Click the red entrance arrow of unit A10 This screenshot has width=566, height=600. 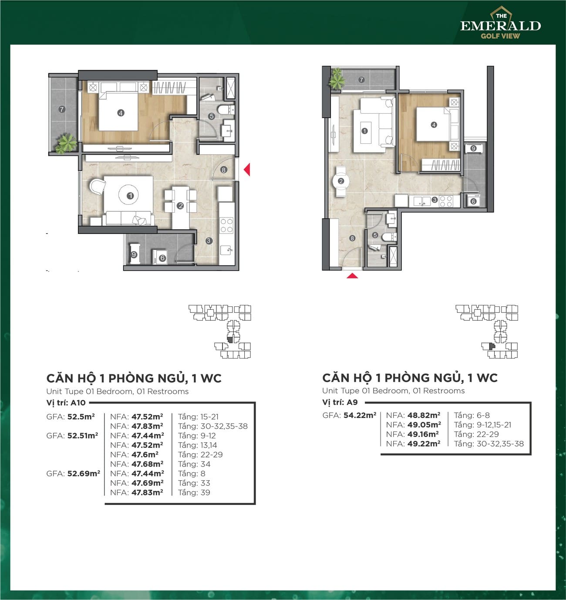tap(247, 169)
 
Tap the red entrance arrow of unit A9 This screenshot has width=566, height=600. tap(352, 275)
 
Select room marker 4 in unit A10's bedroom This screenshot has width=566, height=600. tap(121, 113)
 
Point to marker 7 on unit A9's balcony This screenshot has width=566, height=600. tap(361, 80)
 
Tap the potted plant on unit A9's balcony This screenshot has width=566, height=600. tap(337, 79)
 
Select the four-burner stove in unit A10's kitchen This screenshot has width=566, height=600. tap(226, 225)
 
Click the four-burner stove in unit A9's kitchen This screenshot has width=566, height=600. tap(446, 201)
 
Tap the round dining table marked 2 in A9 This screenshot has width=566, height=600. tap(340, 181)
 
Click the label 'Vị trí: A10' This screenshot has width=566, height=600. tap(66, 403)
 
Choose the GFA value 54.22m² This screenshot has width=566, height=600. tap(360, 415)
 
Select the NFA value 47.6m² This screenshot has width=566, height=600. tap(145, 454)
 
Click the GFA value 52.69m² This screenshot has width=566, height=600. tap(84, 473)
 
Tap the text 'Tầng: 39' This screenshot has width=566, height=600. tap(194, 492)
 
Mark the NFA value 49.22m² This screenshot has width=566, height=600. tap(424, 444)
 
